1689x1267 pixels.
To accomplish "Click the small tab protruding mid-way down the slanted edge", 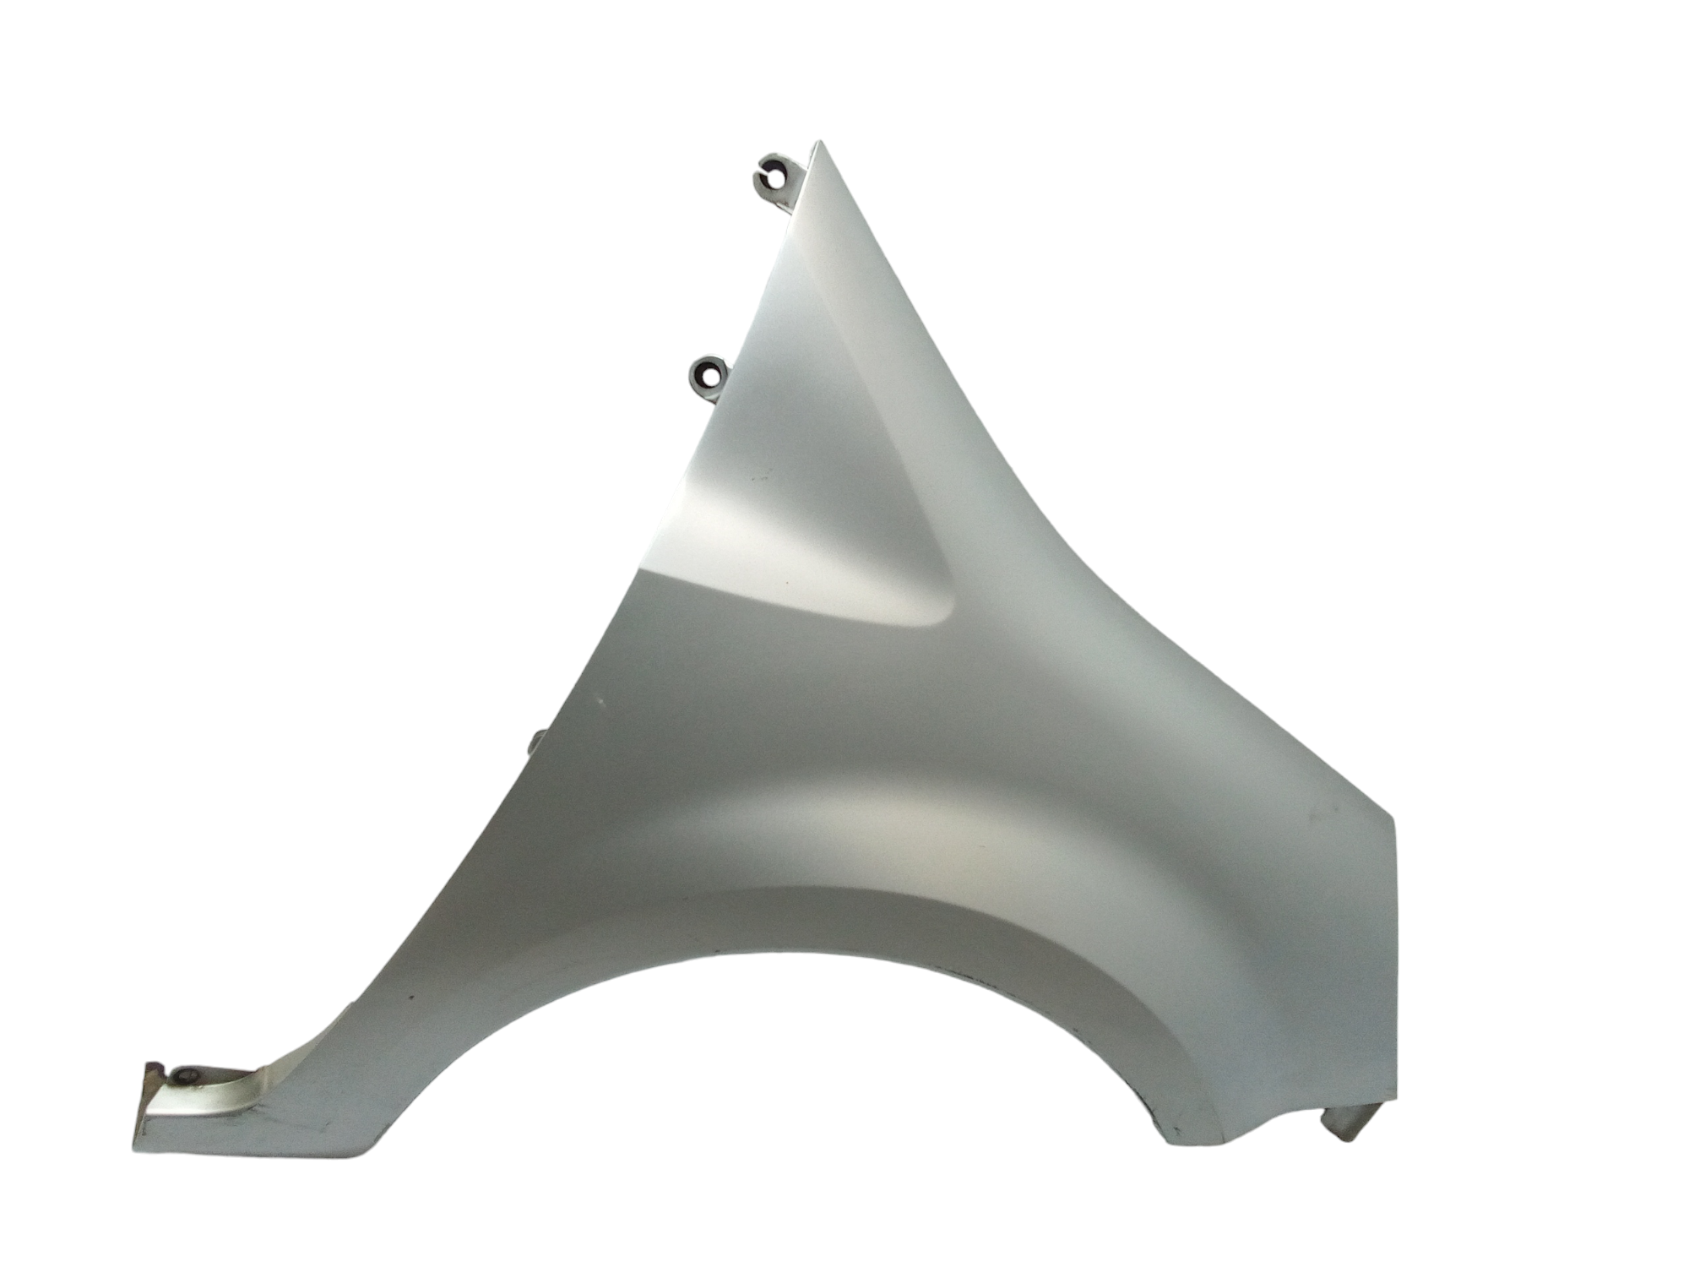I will tap(536, 742).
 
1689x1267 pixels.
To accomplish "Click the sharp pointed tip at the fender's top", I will tap(817, 143).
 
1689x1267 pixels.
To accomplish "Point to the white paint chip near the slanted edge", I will tap(601, 699).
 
